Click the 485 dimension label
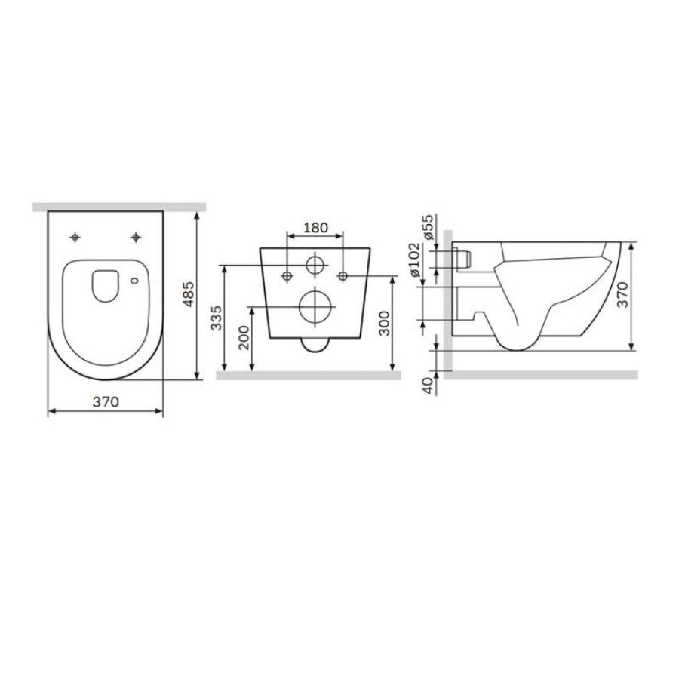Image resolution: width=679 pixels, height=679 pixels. pos(189,294)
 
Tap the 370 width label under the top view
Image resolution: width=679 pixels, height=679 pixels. pos(106,402)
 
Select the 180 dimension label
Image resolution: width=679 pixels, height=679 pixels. pos(315,227)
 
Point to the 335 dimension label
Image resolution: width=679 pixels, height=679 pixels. pos(217,318)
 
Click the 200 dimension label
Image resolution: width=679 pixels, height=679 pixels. pos(244,338)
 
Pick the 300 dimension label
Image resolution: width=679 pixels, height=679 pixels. pos(384,324)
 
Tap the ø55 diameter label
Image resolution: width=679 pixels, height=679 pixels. pos(427,227)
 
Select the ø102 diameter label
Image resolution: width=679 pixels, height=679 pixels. pos(414,260)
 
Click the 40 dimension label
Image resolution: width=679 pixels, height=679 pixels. pos(428,386)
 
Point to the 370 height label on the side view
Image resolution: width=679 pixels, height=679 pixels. pos(622,294)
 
